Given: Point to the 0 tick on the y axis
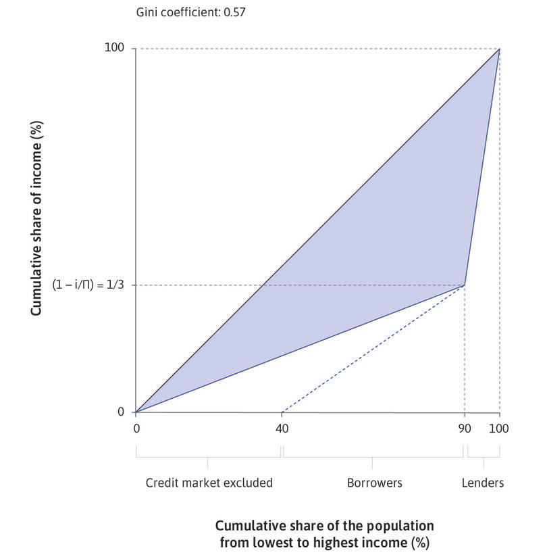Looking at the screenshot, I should tap(121, 412).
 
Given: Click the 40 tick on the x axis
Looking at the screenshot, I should tap(282, 429).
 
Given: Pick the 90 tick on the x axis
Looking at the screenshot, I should tap(465, 429).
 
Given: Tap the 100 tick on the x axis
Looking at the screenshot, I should tap(500, 429).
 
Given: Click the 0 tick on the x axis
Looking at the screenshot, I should tap(136, 429).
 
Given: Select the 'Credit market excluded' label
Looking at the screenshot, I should tap(209, 483).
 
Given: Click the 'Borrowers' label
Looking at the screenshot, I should tap(374, 483).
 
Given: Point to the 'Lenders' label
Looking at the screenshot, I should tap(483, 483).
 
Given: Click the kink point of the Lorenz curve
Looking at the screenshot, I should tap(465, 285).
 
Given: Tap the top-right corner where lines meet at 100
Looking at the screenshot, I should tap(500, 49).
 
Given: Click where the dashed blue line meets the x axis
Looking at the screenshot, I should tap(282, 412).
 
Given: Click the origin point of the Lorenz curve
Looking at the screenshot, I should tap(136, 412).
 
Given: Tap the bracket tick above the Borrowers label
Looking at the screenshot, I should tap(373, 463).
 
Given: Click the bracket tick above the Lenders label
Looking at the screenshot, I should tap(484, 463).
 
